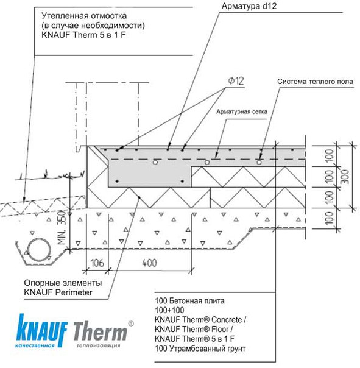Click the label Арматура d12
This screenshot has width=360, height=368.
tap(249, 6)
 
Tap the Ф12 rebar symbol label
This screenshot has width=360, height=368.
tap(236, 81)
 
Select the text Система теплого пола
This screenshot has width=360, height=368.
tap(315, 82)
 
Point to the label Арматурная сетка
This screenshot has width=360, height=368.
tap(241, 111)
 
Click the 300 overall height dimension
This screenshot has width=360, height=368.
tap(345, 177)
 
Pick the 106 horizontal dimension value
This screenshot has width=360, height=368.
tap(97, 263)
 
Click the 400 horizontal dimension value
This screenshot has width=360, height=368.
tap(149, 263)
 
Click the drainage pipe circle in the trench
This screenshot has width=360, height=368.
tap(39, 250)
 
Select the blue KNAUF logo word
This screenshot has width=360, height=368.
tap(42, 330)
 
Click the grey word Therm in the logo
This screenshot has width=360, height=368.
tap(101, 331)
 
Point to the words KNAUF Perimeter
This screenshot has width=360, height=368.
tap(58, 292)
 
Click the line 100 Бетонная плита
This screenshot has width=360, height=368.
tap(189, 300)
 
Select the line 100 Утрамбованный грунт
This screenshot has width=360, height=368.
tap(200, 349)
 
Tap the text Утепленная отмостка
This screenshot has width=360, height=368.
tap(84, 16)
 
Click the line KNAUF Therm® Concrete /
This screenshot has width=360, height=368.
tap(200, 320)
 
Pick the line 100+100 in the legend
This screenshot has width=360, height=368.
tap(169, 310)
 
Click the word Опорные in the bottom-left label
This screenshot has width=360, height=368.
tap(39, 283)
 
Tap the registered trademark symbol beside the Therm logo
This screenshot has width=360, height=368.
tap(131, 324)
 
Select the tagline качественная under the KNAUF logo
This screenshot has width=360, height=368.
tap(35, 345)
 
